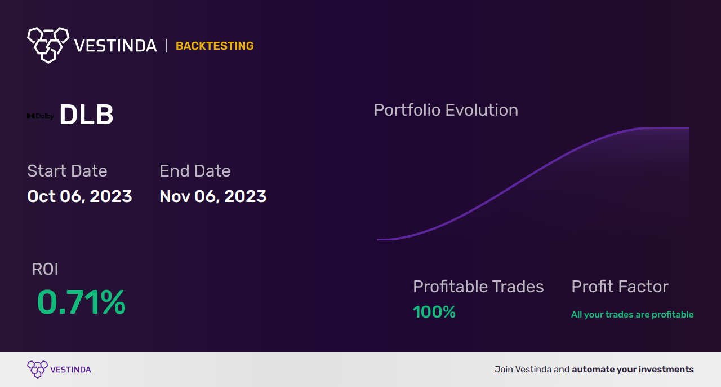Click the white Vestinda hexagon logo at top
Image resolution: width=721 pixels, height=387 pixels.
pos(48,44)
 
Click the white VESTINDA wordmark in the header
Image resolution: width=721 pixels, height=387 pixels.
pos(115,46)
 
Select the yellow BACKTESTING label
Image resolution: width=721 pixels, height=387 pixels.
pos(215,46)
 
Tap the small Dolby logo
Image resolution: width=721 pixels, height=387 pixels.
pos(41,116)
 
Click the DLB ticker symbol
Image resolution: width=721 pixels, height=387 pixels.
pos(86,115)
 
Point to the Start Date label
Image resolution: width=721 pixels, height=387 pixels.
pos(67,171)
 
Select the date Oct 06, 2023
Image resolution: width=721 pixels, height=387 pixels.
pos(79,196)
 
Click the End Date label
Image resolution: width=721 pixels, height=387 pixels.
pos(195,171)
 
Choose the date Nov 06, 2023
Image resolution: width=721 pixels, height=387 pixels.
pos(213,196)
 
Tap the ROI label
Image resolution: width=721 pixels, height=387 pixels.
pos(45,269)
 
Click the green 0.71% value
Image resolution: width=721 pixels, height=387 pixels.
pos(81,302)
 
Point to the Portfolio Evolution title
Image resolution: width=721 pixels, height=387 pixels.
pos(446,110)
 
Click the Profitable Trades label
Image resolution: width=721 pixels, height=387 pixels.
pos(478,287)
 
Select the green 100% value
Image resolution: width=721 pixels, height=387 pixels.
pos(434,312)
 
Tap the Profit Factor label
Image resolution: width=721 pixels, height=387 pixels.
pos(620,287)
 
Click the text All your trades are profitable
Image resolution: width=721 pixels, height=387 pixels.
pos(632,315)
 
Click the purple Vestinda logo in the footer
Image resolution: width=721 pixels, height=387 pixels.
pos(38,369)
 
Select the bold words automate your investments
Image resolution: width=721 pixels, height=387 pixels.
pos(633,370)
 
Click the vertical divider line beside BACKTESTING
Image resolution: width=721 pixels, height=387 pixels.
pos(166,46)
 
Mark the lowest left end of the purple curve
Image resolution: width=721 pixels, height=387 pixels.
pos(378,240)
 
